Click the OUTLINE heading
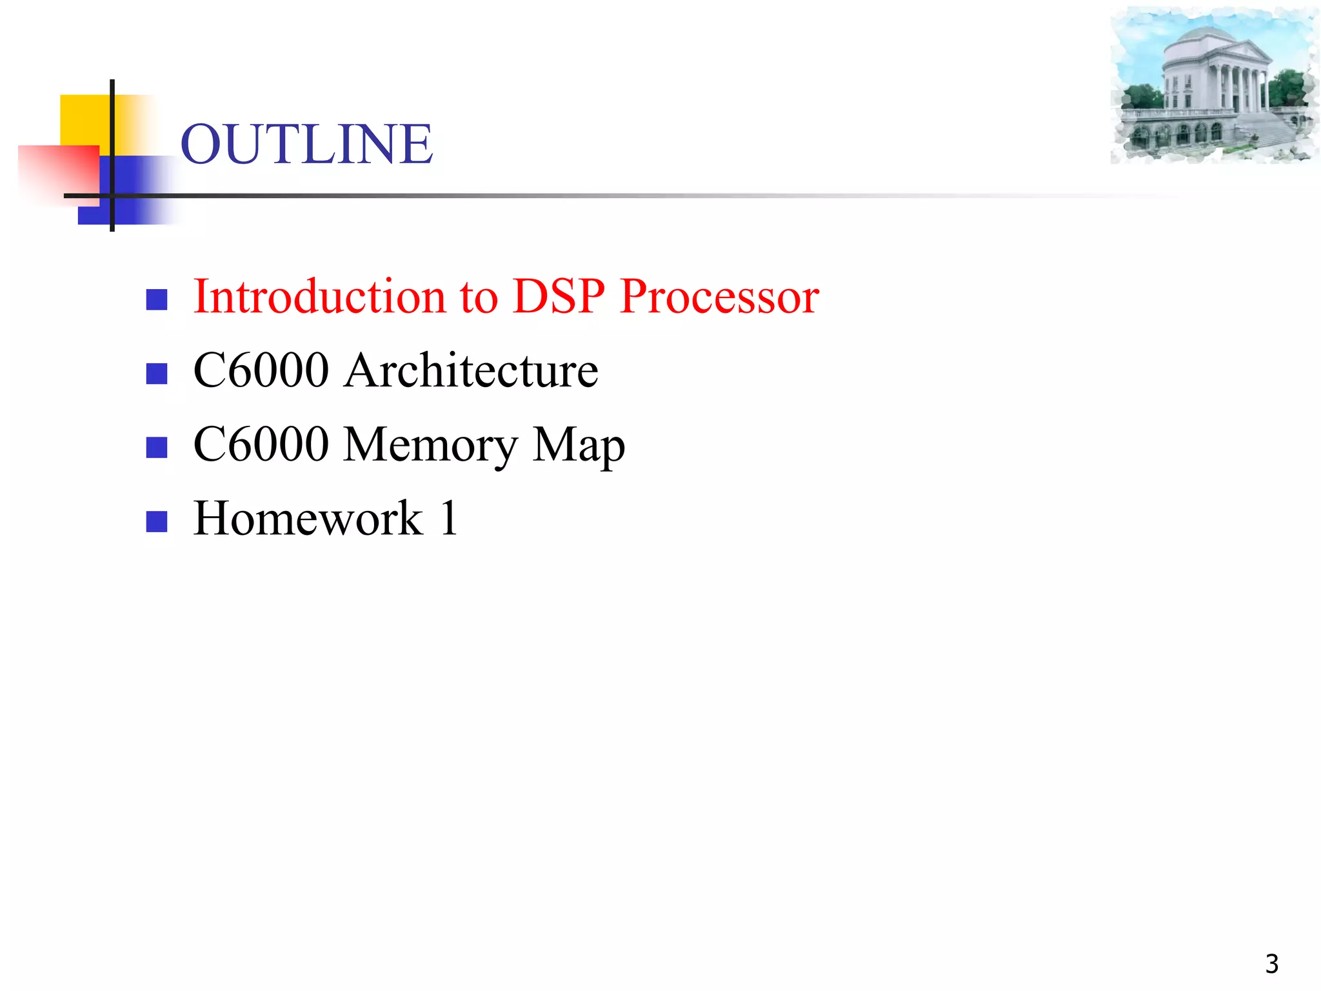click(x=306, y=144)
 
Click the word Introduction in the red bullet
click(x=319, y=296)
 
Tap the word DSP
click(x=559, y=296)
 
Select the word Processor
click(x=719, y=296)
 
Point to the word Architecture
click(x=471, y=370)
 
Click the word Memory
click(x=430, y=445)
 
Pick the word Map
click(x=579, y=446)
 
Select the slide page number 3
click(x=1271, y=964)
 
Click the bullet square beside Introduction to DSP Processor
click(x=157, y=299)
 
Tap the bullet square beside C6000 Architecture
click(x=157, y=374)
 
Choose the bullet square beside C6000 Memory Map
click(x=157, y=447)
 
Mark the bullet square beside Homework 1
click(x=157, y=521)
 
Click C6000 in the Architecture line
click(x=261, y=370)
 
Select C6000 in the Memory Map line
click(x=261, y=445)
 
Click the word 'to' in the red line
click(x=479, y=297)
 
